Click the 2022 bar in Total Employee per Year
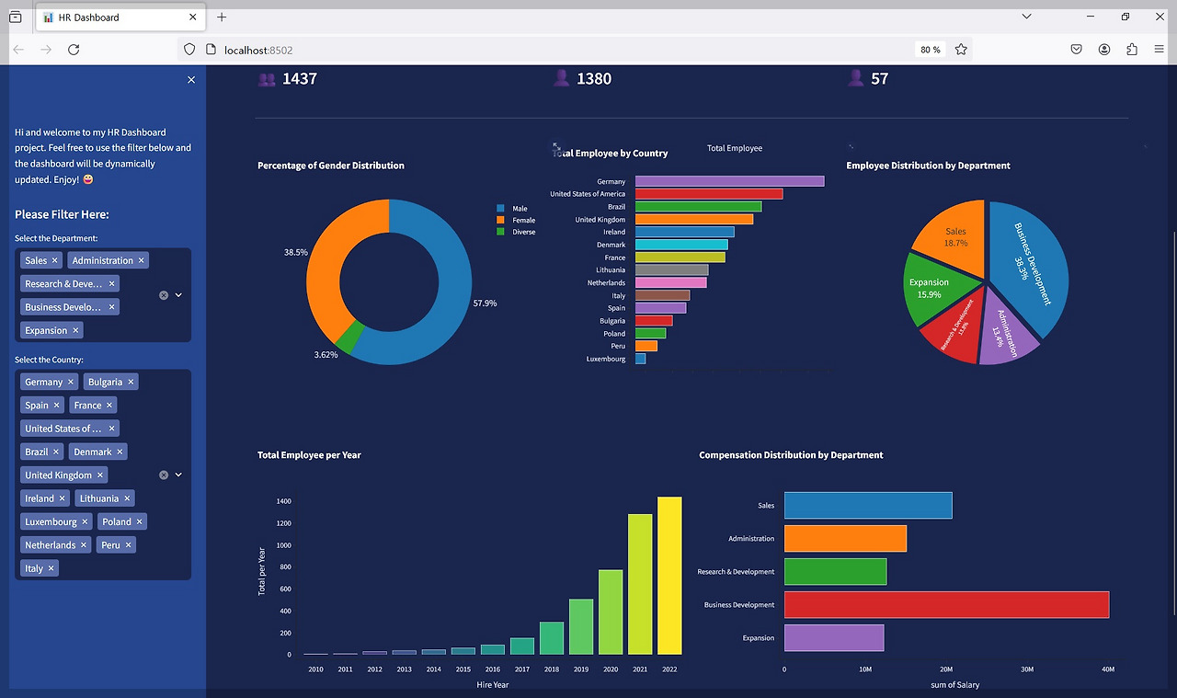tap(669, 575)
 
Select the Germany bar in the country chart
tap(729, 181)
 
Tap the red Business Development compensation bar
tap(946, 605)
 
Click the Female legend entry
tap(523, 221)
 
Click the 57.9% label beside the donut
tap(485, 303)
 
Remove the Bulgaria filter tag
tap(131, 383)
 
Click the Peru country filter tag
tap(110, 545)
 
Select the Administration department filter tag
tap(102, 261)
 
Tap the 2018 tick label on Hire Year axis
tap(551, 669)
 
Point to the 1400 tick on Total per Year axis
tap(283, 502)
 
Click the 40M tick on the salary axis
tap(1108, 669)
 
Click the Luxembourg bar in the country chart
tap(640, 359)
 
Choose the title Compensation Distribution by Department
tap(791, 455)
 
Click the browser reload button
tap(74, 50)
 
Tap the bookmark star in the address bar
tap(961, 50)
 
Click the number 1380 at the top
tap(594, 79)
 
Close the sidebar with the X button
tap(191, 80)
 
